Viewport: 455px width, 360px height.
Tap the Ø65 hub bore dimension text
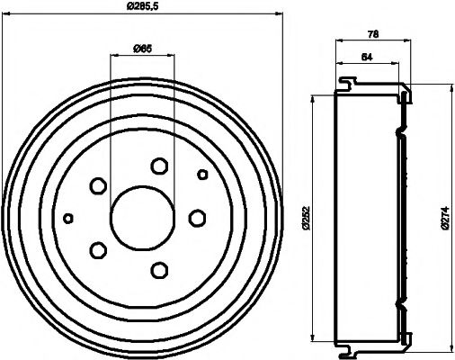pyautogui.click(x=141, y=49)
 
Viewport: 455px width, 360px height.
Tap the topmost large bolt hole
pyautogui.click(x=160, y=166)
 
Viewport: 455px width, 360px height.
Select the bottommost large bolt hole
pyautogui.click(x=160, y=269)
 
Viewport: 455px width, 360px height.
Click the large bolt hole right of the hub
pyautogui.click(x=197, y=218)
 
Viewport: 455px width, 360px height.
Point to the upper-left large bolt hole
pyautogui.click(x=98, y=186)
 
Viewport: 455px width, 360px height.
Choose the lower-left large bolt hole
pyautogui.click(x=98, y=249)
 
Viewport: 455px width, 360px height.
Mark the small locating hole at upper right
pyautogui.click(x=202, y=174)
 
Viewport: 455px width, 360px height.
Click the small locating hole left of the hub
pyautogui.click(x=68, y=218)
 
